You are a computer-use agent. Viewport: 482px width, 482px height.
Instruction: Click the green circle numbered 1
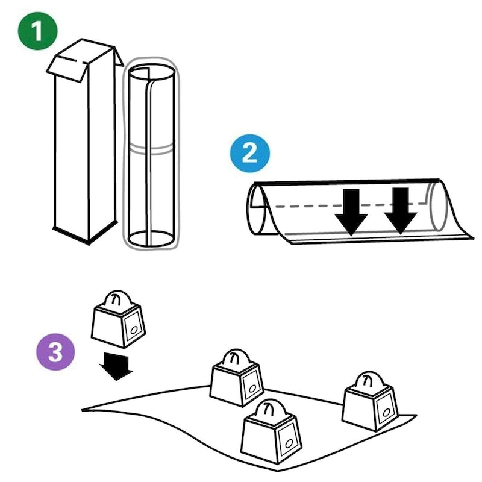(37, 32)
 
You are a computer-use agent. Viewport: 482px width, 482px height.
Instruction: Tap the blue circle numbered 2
(249, 154)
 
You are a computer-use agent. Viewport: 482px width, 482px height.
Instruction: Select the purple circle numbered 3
(55, 352)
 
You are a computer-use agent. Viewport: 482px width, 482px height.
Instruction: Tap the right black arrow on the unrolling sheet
(400, 211)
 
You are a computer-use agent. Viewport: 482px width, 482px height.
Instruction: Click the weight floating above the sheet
(118, 319)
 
